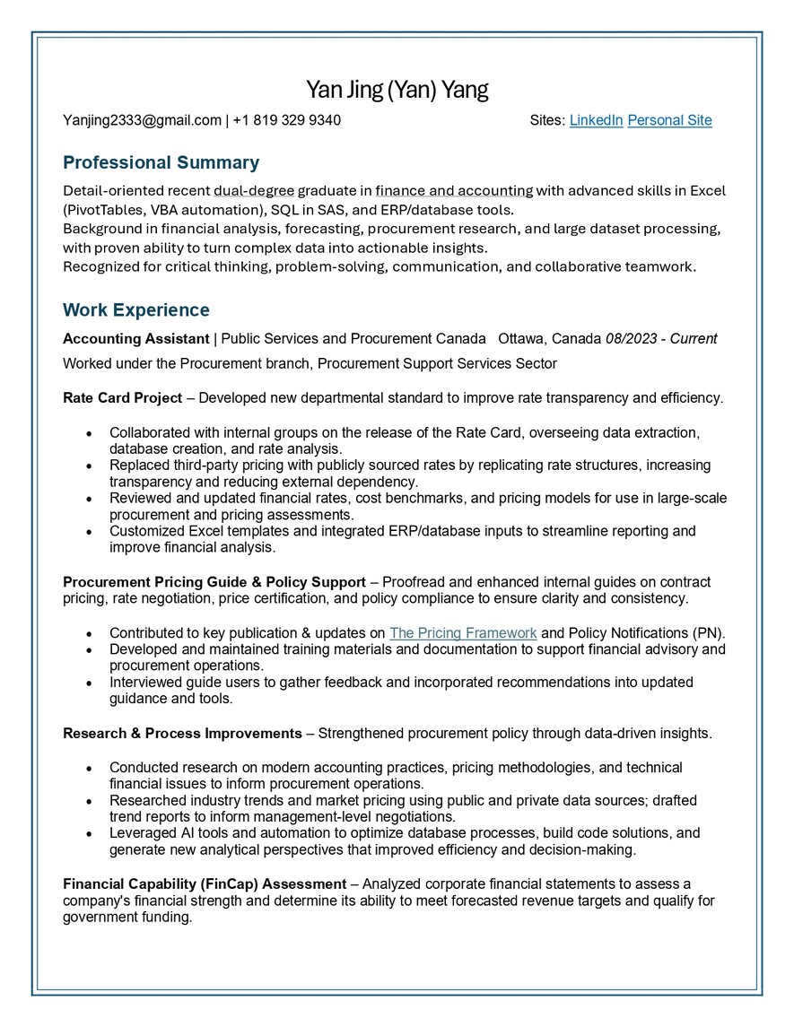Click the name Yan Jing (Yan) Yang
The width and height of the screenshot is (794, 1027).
point(397,91)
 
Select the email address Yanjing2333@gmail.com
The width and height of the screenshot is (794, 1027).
point(142,120)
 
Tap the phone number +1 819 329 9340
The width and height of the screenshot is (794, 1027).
point(286,120)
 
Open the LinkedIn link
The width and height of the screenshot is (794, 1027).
point(596,120)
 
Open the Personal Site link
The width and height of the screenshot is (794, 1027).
point(669,120)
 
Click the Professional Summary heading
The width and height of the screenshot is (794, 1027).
point(161,162)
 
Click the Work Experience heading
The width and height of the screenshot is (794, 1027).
point(135,310)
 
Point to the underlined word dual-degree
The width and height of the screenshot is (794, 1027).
point(254,190)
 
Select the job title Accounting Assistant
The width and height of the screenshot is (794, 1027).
point(135,339)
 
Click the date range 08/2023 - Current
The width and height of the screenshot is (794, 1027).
point(660,339)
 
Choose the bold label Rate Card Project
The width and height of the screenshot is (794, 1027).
point(122,397)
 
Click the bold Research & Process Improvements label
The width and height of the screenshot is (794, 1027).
point(182,734)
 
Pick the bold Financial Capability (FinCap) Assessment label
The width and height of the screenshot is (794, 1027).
point(205,884)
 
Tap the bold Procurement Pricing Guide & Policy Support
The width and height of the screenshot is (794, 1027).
point(214,582)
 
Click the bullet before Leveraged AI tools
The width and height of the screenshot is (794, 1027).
point(88,834)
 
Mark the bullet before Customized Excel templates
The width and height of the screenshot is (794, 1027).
point(88,532)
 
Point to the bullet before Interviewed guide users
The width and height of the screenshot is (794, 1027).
point(88,683)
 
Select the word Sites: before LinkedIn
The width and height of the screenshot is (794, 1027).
point(547,120)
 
